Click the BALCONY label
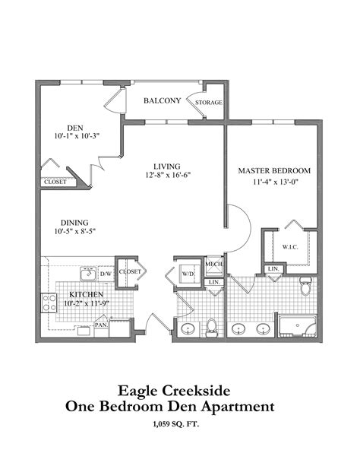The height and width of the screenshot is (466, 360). point(161,100)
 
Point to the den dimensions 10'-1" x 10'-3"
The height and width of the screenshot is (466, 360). point(76,136)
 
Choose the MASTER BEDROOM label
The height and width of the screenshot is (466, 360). point(271,171)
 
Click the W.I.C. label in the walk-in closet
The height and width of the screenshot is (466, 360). point(291,247)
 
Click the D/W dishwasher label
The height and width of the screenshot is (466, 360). point(106,272)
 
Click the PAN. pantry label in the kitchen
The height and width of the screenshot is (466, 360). point(100,325)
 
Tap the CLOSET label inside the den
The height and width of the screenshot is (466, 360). point(54,182)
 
